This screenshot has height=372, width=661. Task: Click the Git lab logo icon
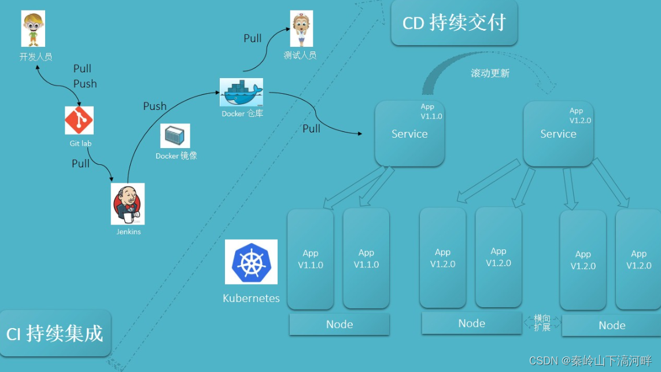(x=79, y=120)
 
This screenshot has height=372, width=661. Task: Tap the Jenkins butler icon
(x=128, y=204)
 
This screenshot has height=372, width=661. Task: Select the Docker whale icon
(x=241, y=92)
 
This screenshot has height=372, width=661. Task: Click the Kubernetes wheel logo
(x=251, y=261)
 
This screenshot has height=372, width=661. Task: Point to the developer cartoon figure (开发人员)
(x=33, y=28)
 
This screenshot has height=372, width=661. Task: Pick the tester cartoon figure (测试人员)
(x=301, y=28)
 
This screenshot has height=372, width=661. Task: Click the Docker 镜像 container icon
(x=175, y=136)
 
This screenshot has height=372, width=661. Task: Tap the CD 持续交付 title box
(x=454, y=23)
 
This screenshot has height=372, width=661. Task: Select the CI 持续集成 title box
(x=54, y=333)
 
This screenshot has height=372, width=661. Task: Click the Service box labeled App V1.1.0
(x=409, y=134)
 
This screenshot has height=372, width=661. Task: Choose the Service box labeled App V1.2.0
(x=558, y=134)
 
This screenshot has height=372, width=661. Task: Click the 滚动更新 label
(x=490, y=73)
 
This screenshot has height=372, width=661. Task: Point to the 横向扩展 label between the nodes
(x=542, y=323)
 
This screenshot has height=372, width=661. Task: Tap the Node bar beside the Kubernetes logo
(x=339, y=324)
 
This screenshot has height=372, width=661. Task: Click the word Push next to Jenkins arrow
(x=154, y=106)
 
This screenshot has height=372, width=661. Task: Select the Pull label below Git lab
(x=80, y=164)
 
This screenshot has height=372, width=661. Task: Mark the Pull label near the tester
(x=252, y=38)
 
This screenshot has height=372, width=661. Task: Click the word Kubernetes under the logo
(x=251, y=299)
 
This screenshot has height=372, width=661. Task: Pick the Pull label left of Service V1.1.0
(x=311, y=128)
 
